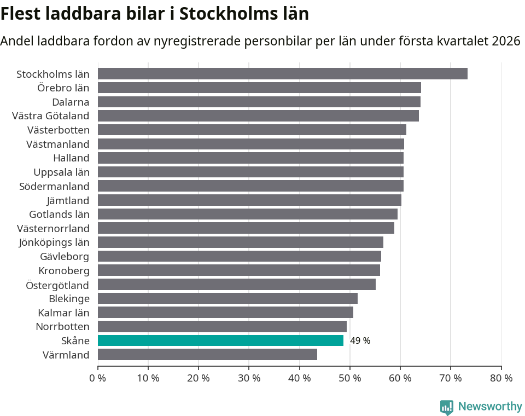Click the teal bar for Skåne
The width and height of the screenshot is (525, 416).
point(220,340)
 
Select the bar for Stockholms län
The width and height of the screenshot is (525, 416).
point(282,74)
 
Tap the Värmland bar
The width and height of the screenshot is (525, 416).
point(207,355)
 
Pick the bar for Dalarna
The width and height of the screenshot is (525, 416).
point(259,102)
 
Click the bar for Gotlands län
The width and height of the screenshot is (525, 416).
point(247,214)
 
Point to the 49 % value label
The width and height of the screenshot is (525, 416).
point(360,340)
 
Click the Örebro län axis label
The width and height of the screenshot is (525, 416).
point(63,88)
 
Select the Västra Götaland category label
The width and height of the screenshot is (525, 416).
point(50,116)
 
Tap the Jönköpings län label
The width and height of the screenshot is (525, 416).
point(54,242)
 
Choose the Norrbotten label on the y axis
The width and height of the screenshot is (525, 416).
point(62,327)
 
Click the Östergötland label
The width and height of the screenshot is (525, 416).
point(57,285)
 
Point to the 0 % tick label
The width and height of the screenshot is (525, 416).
point(97,378)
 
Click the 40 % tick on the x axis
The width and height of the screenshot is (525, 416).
point(299,378)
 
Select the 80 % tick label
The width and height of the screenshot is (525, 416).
point(501,378)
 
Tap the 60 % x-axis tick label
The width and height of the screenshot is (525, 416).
point(400,378)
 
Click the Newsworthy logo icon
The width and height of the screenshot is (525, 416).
point(447,407)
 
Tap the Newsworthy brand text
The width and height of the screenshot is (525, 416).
point(490,407)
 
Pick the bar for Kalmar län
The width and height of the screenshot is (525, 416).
point(225,313)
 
